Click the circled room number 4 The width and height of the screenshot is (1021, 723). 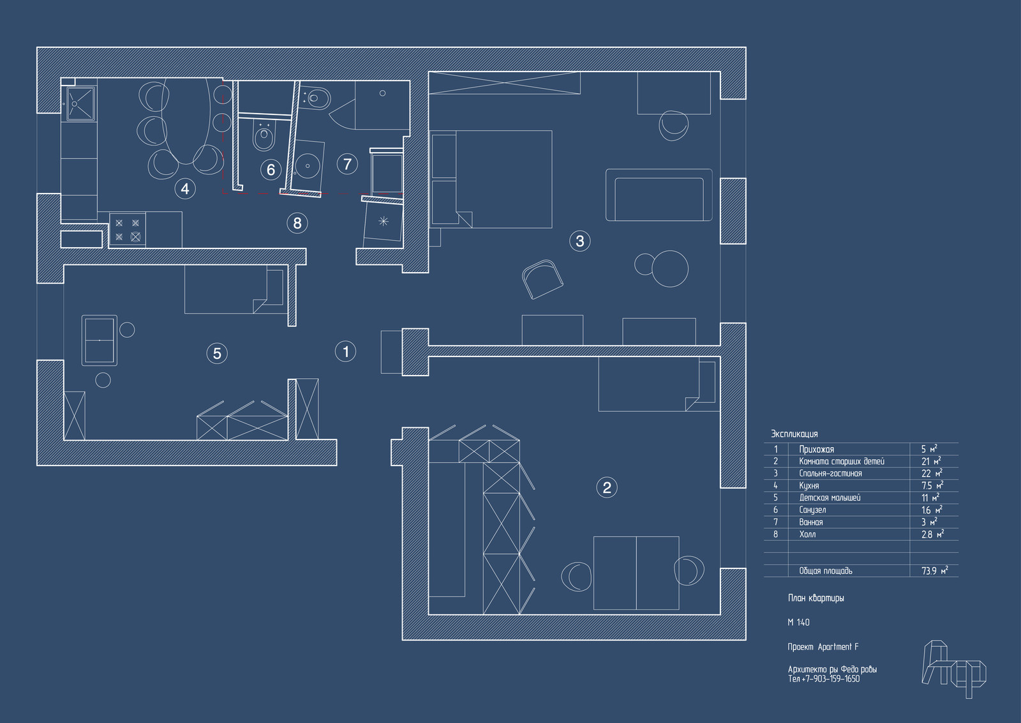click(x=185, y=188)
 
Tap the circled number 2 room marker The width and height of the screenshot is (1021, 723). click(x=607, y=488)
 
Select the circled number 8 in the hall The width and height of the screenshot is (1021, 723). click(x=297, y=223)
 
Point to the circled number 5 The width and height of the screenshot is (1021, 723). click(x=217, y=353)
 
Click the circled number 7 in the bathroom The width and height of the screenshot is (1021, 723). click(x=347, y=164)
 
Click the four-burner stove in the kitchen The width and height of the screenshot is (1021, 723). click(x=128, y=230)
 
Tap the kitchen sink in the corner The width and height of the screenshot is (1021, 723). click(x=80, y=103)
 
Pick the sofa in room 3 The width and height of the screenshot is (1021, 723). click(x=659, y=195)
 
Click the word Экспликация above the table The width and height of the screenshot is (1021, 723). click(x=794, y=434)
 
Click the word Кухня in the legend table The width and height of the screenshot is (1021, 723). click(x=809, y=486)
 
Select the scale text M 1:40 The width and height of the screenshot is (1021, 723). click(x=798, y=623)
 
